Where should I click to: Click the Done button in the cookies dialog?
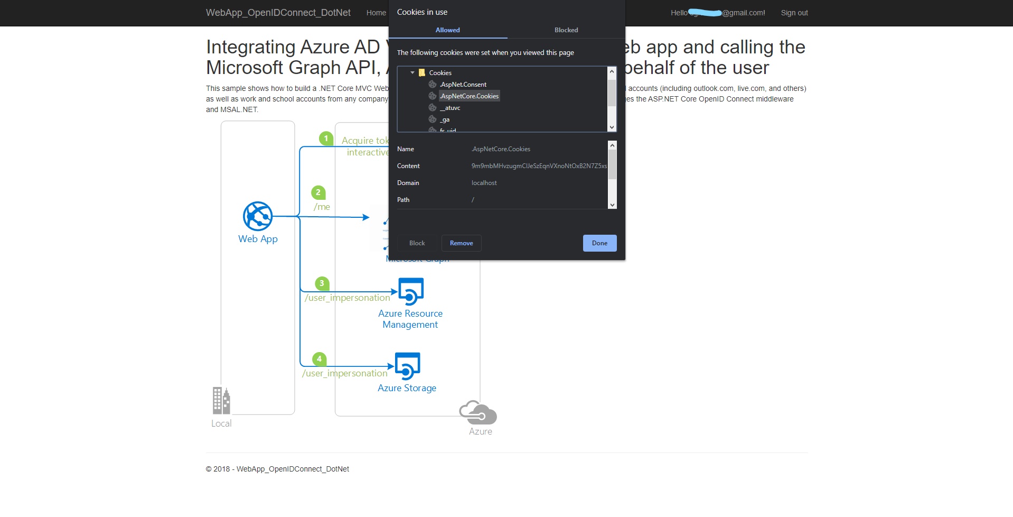click(599, 243)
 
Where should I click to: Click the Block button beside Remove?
click(417, 243)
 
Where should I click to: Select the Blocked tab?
click(566, 30)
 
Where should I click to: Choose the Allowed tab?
click(447, 30)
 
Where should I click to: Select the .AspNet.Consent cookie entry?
click(463, 85)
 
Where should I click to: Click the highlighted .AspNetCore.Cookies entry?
click(470, 96)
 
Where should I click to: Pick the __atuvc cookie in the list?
click(450, 108)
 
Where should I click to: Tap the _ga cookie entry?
click(445, 120)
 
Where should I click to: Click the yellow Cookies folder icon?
click(422, 73)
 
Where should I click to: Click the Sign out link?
click(794, 13)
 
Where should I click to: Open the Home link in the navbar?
click(376, 13)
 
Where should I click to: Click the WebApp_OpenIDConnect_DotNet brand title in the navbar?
click(278, 13)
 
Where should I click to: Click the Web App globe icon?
click(258, 216)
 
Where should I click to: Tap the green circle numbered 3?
click(322, 283)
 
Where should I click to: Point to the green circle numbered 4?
click(319, 359)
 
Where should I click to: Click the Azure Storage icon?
click(408, 366)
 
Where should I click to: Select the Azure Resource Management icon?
click(411, 291)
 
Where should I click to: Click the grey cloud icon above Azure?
click(478, 412)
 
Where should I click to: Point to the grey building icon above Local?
click(221, 400)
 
